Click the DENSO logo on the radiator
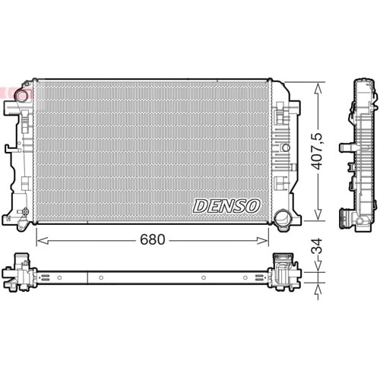226,206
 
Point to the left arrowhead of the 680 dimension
40,240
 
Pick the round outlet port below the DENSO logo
283,218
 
